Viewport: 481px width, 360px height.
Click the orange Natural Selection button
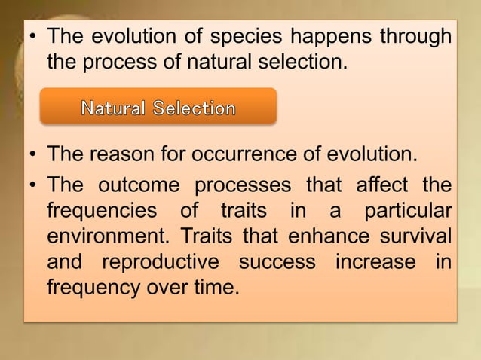coord(158,107)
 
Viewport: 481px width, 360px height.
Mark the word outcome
coord(138,185)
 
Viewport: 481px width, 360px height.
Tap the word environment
coord(105,236)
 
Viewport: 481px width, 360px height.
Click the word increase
coord(369,261)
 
